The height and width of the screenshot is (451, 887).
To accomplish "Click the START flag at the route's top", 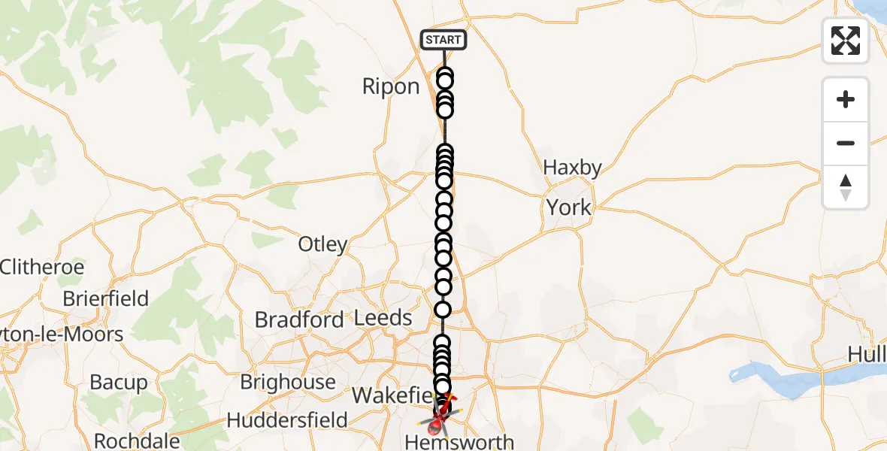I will click(x=443, y=40).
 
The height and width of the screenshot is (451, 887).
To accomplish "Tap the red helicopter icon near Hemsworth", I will click(x=437, y=426).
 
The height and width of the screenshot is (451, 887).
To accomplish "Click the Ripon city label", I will click(x=391, y=86).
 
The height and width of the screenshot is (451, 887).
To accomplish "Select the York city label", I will click(x=569, y=207).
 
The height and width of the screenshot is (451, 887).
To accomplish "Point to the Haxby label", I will click(x=572, y=168).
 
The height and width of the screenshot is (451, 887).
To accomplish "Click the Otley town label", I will click(x=323, y=244).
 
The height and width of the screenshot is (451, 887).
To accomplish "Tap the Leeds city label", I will click(x=383, y=318).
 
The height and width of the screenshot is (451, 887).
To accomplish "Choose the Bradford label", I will click(x=299, y=319).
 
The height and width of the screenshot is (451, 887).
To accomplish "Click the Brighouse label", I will click(x=288, y=382).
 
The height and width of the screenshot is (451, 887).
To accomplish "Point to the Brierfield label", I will click(x=105, y=298).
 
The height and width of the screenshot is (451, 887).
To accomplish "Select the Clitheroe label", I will click(x=42, y=267).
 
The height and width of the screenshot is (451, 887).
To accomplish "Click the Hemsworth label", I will click(x=459, y=443).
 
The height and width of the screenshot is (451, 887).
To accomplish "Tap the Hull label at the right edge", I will click(x=867, y=353).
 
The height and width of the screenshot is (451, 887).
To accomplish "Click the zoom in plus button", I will click(x=846, y=99).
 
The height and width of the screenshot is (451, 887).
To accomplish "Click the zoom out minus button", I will click(x=846, y=143).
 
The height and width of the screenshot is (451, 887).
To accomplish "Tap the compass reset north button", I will click(x=846, y=187).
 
